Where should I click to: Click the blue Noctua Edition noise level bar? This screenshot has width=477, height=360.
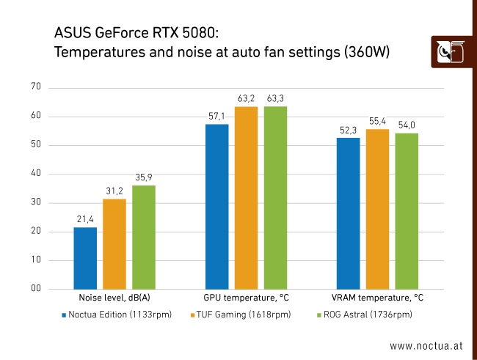(85, 258)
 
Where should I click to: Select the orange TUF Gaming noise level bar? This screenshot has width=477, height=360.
(114, 244)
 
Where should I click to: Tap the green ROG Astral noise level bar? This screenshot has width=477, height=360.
(144, 237)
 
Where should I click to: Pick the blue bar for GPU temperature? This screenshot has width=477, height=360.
(216, 207)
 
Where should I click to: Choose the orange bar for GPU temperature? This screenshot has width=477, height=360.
(246, 198)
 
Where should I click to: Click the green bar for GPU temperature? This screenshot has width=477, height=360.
(275, 198)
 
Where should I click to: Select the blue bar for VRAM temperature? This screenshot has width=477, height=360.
(348, 213)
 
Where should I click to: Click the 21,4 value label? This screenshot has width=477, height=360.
(85, 219)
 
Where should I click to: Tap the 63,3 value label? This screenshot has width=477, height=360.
(275, 98)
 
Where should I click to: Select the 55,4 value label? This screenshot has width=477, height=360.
(377, 121)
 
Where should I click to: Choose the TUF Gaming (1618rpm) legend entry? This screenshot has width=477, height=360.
(241, 315)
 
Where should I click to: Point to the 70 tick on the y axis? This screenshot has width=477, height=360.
(36, 87)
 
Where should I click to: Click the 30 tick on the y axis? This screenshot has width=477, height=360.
(36, 203)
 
